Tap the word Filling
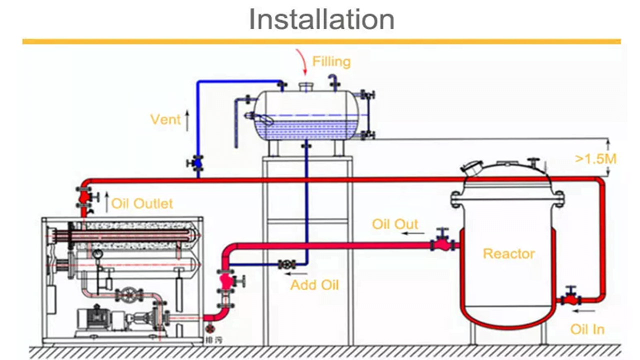click(331, 61)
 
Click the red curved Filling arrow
click(301, 62)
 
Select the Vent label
click(165, 119)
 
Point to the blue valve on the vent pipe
click(197, 162)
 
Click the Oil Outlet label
click(142, 203)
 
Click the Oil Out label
click(395, 224)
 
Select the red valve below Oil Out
click(442, 244)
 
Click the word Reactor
click(508, 254)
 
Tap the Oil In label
click(587, 329)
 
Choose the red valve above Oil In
click(570, 299)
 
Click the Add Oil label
click(314, 285)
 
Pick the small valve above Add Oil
click(287, 264)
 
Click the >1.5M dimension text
click(595, 159)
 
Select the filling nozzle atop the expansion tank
click(305, 87)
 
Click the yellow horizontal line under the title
click(321, 41)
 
